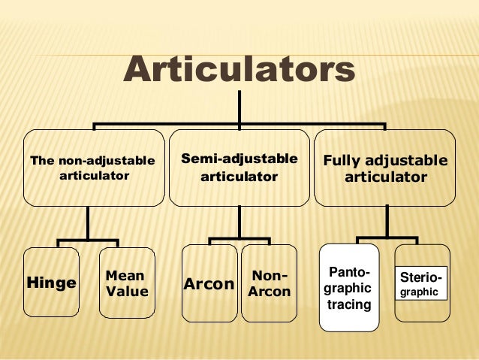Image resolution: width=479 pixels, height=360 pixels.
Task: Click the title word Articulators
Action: [239, 71]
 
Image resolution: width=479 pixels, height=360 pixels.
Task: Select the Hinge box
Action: [51, 283]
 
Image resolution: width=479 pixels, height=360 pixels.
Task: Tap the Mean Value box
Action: [127, 283]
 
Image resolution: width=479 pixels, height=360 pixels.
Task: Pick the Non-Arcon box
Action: [269, 284]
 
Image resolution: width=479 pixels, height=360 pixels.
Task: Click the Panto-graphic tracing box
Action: [349, 287]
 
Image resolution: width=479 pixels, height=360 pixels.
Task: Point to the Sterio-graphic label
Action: [420, 284]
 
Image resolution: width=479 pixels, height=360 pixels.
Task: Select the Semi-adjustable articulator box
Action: [239, 168]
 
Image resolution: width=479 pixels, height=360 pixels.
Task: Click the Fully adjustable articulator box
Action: [384, 168]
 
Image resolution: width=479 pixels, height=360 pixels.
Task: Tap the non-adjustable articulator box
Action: [94, 168]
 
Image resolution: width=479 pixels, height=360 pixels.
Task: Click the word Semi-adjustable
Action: [239, 159]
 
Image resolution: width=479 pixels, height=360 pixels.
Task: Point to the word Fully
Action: [344, 162]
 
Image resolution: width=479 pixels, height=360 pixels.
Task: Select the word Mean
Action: [125, 276]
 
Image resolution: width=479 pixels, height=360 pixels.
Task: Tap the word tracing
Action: [350, 304]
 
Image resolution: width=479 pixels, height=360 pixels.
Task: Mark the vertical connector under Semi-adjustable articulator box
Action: [239, 222]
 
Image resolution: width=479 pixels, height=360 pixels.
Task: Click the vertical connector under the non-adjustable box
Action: [88, 222]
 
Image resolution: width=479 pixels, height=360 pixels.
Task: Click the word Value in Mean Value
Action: [127, 292]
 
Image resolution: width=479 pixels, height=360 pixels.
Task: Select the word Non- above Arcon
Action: [270, 276]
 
